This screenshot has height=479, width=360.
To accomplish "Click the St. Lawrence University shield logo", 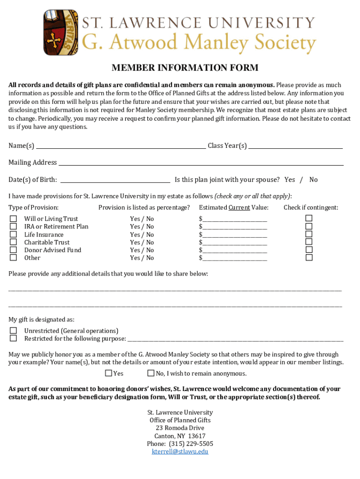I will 61,33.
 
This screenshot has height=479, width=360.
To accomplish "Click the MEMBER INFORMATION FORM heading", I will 185,68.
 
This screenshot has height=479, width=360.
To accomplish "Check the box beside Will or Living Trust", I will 14,219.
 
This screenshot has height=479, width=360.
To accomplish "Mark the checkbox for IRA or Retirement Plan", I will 14,226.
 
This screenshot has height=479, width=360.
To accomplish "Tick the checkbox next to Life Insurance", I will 14,234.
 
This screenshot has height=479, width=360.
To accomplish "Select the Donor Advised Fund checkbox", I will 14,250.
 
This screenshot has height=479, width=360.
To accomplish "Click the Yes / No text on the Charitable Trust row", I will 142,242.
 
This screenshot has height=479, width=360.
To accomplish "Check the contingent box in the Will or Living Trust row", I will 309,218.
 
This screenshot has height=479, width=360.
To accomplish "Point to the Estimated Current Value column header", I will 233,208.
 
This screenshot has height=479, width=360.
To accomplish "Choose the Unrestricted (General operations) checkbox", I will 14,331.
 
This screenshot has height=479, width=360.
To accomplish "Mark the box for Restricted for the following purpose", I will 14,338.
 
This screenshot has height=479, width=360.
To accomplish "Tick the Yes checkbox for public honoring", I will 108,373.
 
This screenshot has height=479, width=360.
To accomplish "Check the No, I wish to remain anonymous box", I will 151,373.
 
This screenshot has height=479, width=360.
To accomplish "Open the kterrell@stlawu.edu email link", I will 180,451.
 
